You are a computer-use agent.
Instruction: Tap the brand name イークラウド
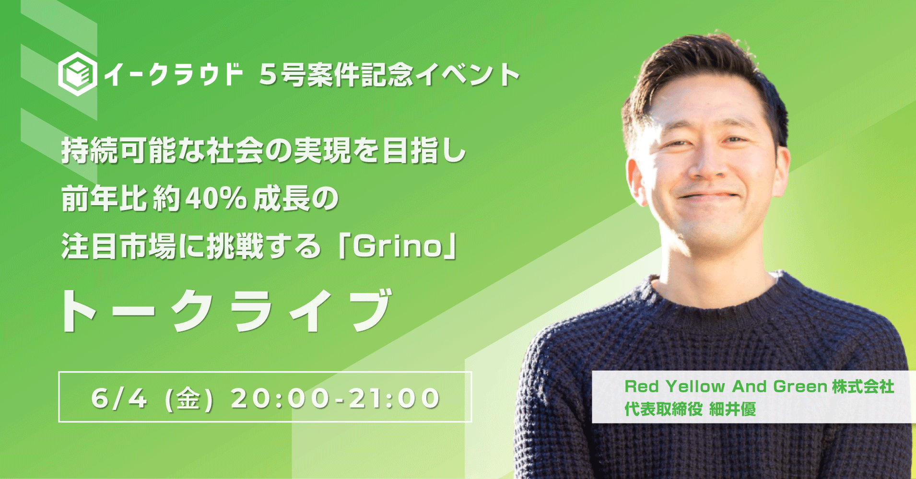coord(173,74)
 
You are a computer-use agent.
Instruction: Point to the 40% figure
coord(216,199)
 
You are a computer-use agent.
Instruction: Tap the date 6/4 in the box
coord(119,398)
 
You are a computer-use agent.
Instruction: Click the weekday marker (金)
coord(188,398)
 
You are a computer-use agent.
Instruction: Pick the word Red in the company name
coord(641,386)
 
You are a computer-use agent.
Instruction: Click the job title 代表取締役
coord(663,409)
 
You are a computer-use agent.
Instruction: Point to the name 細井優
coord(732,409)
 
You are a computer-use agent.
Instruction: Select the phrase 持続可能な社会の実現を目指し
coord(263,151)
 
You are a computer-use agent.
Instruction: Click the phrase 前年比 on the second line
coord(104,199)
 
